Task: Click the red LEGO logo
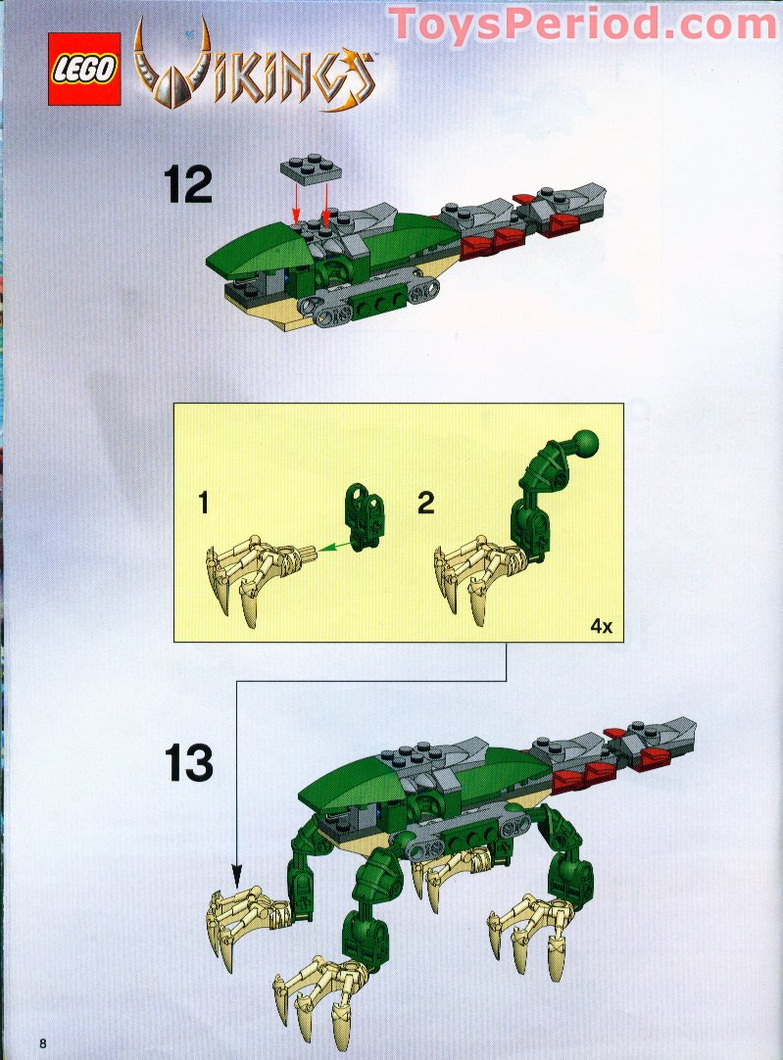[x=84, y=69]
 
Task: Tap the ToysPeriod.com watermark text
[x=583, y=24]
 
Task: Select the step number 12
[x=187, y=185]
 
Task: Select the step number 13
[x=189, y=763]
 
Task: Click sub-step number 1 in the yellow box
[x=204, y=504]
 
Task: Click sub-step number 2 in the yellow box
[x=425, y=504]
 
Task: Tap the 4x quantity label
[x=601, y=626]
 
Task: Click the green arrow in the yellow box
[x=336, y=546]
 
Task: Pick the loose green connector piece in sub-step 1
[x=366, y=517]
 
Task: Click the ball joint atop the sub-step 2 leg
[x=586, y=443]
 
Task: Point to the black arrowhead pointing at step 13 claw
[x=236, y=876]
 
